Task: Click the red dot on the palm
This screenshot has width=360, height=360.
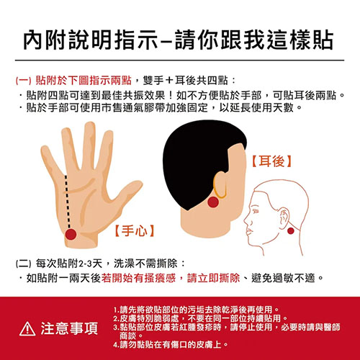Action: [71, 235]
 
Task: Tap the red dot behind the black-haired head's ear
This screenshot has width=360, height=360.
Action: [213, 202]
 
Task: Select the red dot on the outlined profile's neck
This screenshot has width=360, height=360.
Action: [291, 231]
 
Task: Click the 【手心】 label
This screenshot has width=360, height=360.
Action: [135, 230]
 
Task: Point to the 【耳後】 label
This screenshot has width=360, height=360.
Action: [271, 161]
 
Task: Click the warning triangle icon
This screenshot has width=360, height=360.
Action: [27, 328]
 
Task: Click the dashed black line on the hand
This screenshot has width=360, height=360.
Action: [68, 202]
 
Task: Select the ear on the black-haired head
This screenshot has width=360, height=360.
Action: [220, 185]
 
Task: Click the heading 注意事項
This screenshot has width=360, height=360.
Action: [69, 328]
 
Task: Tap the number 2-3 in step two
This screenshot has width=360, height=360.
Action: [85, 264]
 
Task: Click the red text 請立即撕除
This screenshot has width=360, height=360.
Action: [213, 279]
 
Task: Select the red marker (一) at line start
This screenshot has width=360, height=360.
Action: [24, 81]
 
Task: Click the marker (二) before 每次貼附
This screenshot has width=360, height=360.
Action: [24, 264]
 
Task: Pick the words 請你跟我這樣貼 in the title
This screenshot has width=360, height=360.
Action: [254, 40]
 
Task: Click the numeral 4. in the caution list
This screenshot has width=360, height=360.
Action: [116, 345]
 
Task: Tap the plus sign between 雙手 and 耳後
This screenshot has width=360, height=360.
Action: [169, 81]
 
